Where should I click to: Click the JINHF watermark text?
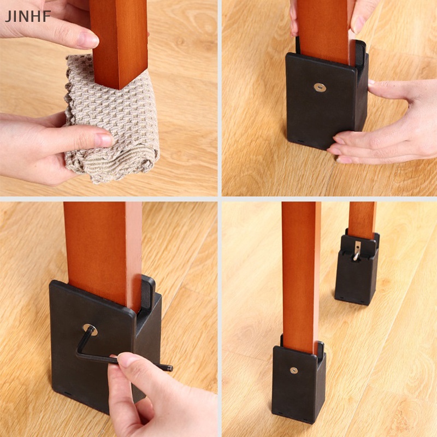28,16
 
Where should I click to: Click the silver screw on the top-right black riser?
320,87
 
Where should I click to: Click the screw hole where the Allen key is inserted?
90,329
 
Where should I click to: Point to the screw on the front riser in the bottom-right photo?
294,370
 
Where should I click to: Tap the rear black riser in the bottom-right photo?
356,273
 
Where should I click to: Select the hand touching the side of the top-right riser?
393,126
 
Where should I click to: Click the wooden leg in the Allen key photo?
104,246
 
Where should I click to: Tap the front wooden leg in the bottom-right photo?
301,273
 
